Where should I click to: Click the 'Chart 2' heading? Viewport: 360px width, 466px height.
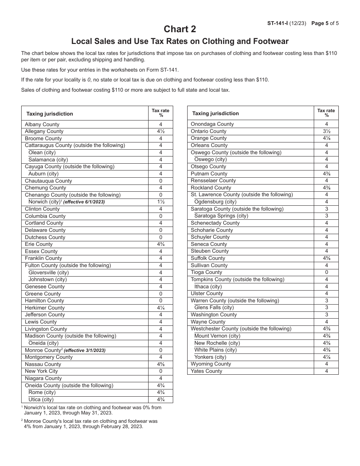point(180,29)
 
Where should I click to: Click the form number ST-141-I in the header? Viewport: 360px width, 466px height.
point(278,23)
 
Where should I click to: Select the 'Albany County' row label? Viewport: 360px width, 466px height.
point(42,124)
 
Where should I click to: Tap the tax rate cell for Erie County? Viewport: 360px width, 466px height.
point(160,244)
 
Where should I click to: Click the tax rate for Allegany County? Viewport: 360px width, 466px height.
point(160,131)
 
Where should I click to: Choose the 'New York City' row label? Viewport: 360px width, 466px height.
point(41,371)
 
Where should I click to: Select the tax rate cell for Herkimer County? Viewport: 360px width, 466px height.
point(160,308)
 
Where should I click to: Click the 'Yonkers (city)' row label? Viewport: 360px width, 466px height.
point(210,357)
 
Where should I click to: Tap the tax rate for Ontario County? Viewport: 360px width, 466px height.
point(326,131)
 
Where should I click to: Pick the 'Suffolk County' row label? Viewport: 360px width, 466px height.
point(208,258)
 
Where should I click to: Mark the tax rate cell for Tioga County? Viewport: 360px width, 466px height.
point(326,272)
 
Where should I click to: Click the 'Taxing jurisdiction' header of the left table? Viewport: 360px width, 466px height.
point(50,114)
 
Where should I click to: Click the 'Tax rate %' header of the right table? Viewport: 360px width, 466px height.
point(326,113)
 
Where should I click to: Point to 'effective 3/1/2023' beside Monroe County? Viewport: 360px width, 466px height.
point(85,350)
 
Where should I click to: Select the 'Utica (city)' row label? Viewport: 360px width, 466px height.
point(41,399)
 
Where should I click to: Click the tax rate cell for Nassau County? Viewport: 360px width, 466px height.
point(160,364)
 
